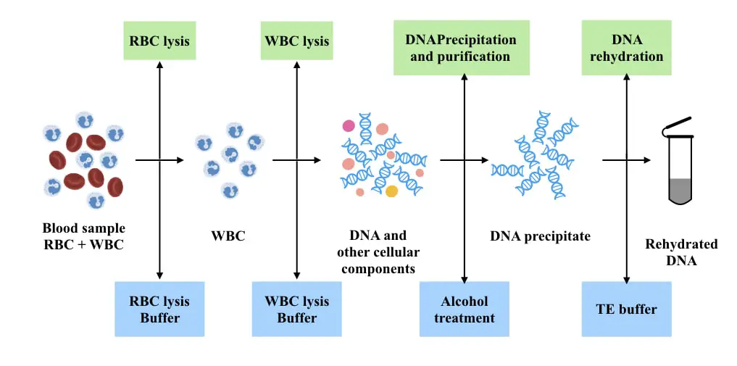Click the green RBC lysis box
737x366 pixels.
(160, 41)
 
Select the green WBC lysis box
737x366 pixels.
(297, 41)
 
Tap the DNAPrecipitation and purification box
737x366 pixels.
(461, 47)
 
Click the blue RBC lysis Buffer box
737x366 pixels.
(159, 309)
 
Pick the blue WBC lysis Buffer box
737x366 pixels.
(296, 309)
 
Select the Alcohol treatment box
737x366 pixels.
(465, 309)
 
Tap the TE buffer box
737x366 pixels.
(627, 309)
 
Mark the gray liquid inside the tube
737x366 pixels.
(680, 191)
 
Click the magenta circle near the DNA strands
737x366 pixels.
(349, 125)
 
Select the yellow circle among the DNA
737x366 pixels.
(391, 191)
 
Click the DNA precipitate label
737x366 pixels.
(540, 236)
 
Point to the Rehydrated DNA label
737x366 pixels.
(681, 252)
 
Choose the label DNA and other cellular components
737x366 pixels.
(380, 251)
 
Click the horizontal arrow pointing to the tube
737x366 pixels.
(627, 160)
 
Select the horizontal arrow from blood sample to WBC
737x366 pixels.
(159, 160)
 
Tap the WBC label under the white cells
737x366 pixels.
(228, 236)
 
